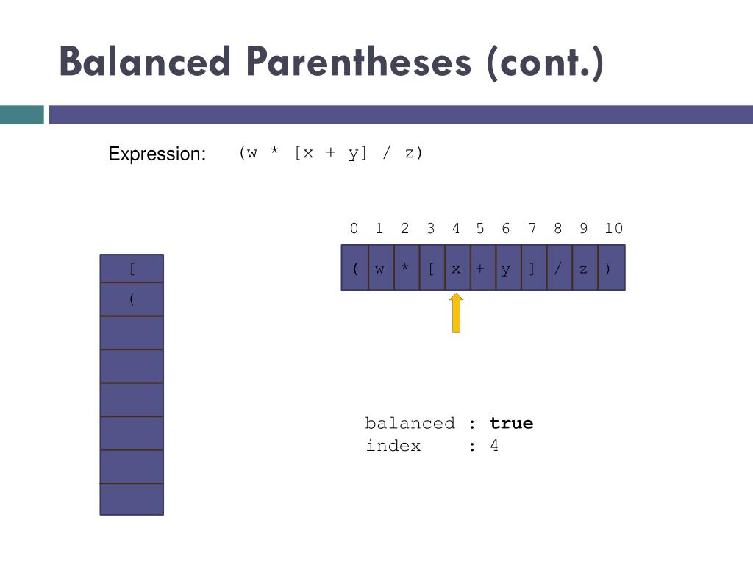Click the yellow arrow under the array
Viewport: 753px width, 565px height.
(x=456, y=313)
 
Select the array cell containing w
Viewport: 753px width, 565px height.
(x=380, y=268)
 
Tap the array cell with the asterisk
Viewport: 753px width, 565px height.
(x=405, y=268)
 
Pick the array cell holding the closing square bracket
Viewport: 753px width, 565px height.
(x=532, y=268)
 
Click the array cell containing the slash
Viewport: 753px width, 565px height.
(x=558, y=268)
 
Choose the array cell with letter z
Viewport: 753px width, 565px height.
(x=584, y=268)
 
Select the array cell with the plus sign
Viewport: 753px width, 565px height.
(x=481, y=268)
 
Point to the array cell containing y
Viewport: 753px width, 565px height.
(x=507, y=268)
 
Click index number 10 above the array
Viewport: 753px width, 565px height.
(x=613, y=229)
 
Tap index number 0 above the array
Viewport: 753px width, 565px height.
(x=354, y=229)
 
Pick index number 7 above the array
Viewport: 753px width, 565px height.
(x=532, y=229)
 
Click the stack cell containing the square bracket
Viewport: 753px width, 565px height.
(x=132, y=269)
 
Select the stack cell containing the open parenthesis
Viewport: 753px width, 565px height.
(x=132, y=299)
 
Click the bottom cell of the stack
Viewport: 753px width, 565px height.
(x=132, y=500)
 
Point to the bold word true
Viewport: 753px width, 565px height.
(x=511, y=423)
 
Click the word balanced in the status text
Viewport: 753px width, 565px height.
(x=410, y=423)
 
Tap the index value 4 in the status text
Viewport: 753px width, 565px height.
(x=494, y=446)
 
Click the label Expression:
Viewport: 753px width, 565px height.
(x=157, y=154)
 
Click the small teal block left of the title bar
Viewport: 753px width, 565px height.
(x=21, y=115)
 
